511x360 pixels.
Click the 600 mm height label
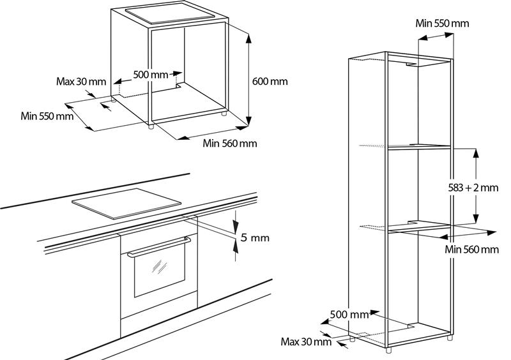click(270, 81)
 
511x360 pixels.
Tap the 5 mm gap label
click(254, 238)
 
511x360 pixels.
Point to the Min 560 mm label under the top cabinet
click(229, 143)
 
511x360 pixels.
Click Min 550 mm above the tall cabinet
click(442, 23)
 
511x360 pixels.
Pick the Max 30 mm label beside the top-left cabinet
click(80, 81)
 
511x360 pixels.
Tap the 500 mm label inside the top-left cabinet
click(150, 75)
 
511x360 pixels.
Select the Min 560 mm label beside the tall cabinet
click(471, 249)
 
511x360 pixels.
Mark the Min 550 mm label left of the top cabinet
click(46, 116)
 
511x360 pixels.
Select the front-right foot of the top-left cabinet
click(223, 116)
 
